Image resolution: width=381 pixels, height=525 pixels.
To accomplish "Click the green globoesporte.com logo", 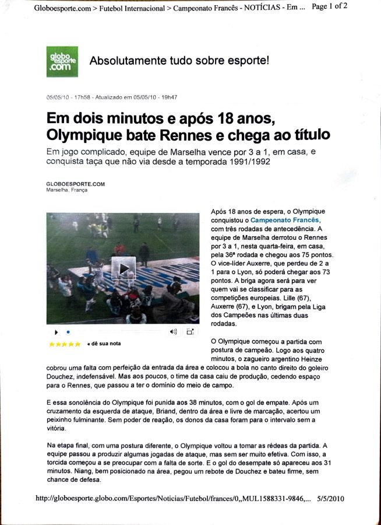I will (x=62, y=61).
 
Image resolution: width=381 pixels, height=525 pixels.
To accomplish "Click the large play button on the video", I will (x=124, y=268).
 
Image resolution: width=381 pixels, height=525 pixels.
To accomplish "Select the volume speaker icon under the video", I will (x=173, y=331).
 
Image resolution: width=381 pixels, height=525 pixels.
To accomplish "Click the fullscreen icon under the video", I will (x=189, y=331).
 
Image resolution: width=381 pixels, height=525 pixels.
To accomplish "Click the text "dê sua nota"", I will (x=104, y=344).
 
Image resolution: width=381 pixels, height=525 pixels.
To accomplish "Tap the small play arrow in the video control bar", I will (x=57, y=332).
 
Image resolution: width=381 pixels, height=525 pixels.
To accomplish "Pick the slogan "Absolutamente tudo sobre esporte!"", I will (x=179, y=61).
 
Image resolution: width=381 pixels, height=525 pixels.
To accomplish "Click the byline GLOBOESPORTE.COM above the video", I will (x=75, y=184).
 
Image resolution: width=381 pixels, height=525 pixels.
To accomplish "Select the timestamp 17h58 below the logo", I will (x=84, y=97).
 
